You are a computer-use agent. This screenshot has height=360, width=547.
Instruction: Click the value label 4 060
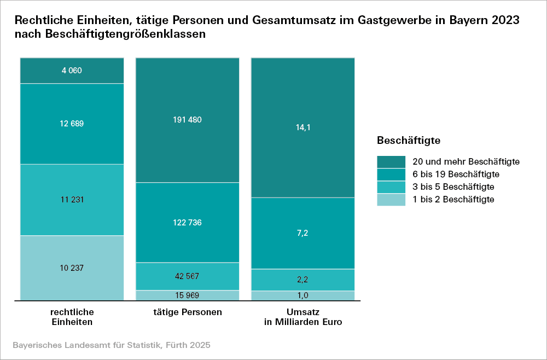[72, 71]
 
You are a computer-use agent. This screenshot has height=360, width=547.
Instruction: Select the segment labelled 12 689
[72, 124]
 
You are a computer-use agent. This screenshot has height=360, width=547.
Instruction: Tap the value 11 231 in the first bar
[72, 200]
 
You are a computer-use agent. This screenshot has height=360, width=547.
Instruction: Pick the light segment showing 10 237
[72, 268]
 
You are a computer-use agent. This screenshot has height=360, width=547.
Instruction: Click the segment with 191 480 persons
[188, 120]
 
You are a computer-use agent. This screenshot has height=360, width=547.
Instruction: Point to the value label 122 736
[188, 223]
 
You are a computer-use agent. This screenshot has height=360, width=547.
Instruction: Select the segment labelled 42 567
[188, 276]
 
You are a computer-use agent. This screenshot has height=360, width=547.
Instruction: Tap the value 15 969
[188, 295]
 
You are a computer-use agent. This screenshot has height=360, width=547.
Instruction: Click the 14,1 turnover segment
[302, 127]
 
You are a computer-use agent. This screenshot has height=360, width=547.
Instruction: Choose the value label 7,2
[302, 233]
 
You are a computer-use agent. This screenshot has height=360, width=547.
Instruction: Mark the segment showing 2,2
[302, 280]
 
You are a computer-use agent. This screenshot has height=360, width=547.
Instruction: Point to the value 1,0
[302, 295]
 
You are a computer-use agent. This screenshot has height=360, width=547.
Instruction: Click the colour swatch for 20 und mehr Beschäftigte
[391, 161]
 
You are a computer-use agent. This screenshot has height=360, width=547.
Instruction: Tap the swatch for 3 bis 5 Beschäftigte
[391, 187]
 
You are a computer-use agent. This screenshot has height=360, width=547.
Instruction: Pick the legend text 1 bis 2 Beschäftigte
[454, 199]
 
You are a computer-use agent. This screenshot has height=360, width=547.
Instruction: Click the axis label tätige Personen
[188, 312]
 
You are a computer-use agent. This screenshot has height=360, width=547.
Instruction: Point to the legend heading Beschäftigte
[409, 141]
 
